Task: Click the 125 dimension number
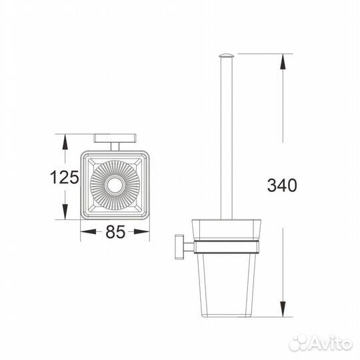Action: [x=65, y=177]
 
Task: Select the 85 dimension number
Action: [x=115, y=231]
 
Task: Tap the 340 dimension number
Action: [x=282, y=185]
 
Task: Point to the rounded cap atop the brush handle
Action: [x=226, y=55]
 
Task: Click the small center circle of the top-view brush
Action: [x=115, y=185]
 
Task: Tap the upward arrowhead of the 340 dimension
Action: [x=283, y=61]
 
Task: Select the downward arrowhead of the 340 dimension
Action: [x=283, y=309]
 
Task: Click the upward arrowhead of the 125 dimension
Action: [x=65, y=142]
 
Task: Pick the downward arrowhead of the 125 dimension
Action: [x=65, y=212]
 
